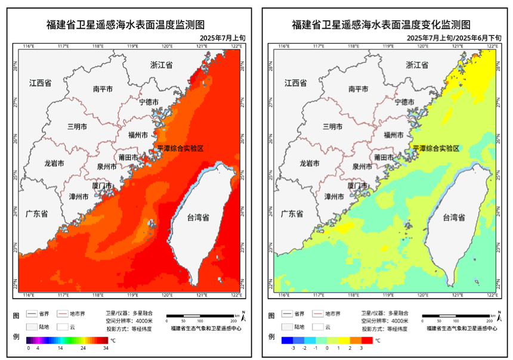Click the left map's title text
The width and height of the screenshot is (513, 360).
click(125, 24)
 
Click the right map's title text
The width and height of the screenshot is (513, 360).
click(381, 24)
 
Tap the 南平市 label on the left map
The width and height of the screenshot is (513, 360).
click(103, 89)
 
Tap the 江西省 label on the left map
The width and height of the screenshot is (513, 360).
click(41, 83)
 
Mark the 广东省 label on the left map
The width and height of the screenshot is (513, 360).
click(36, 213)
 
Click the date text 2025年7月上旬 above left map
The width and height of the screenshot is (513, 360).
click(222, 38)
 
